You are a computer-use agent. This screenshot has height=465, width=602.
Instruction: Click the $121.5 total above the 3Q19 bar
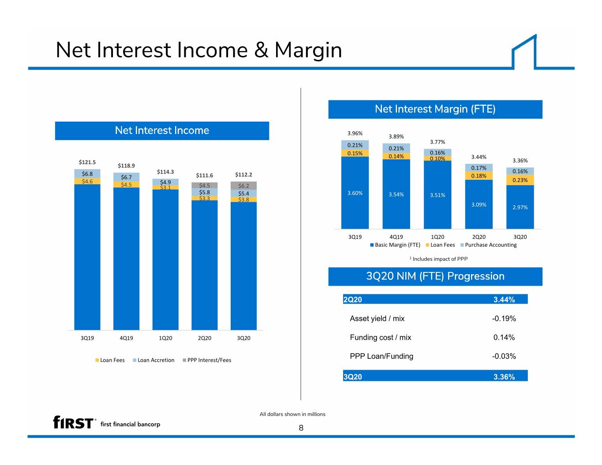pos(87,162)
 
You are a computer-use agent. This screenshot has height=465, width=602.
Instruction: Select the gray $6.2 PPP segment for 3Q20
pos(243,186)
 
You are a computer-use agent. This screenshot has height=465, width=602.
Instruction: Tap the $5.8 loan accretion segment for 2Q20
pos(205,192)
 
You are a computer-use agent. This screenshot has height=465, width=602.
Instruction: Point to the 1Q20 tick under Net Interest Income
pos(165,338)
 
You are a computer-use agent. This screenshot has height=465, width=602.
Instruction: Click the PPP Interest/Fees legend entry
pos(207,360)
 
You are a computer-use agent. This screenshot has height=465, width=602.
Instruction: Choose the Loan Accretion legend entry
pos(153,360)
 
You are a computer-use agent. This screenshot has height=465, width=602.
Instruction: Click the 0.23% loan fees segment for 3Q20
pos(520,180)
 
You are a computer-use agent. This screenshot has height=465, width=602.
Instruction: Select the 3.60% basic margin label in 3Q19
pos(355,193)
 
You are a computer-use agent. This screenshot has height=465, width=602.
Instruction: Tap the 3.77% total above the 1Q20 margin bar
pos(437,142)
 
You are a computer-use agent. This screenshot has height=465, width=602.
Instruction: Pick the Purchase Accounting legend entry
pos(488,245)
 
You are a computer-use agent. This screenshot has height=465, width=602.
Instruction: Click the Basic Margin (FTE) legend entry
pos(395,245)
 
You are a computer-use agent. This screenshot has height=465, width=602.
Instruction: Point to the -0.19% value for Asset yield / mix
pos(504,319)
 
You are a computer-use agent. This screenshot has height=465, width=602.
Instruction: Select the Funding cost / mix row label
pos(380,338)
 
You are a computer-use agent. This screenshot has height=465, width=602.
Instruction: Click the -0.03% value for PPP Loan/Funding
pos(504,356)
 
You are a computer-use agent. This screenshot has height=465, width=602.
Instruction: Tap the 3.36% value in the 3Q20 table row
pos(504,377)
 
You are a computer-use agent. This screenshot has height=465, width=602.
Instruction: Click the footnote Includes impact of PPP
pos(438,259)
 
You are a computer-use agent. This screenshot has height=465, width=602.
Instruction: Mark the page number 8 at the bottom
pos(301,428)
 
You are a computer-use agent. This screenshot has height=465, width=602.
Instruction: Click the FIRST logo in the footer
pos(73,422)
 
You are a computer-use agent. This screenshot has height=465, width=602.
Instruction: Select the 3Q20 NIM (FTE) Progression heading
pos(435,276)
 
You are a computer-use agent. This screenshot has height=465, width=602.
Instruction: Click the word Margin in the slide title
pos(308,50)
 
